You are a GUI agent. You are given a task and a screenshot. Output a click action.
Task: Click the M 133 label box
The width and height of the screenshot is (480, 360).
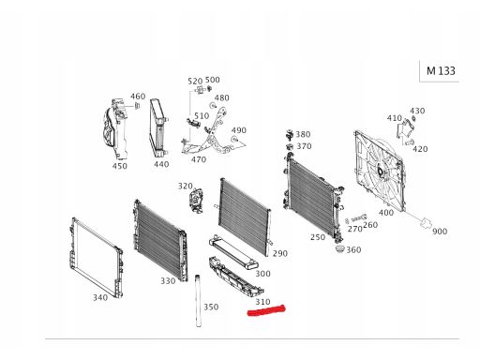(x=440, y=71)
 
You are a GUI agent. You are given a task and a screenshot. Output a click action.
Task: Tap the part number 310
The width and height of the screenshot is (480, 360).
(x=262, y=302)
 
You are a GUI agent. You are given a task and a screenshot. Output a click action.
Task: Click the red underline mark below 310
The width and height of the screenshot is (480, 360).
(x=266, y=310)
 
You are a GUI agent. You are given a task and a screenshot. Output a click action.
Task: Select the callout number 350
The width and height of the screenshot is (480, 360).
(x=211, y=307)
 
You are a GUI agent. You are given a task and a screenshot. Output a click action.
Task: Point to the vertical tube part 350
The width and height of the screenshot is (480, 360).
(x=198, y=301)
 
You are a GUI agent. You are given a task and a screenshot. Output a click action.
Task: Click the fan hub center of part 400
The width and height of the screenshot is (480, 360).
(x=381, y=172)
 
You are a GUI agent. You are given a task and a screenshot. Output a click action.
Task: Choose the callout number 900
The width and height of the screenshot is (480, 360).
(x=440, y=232)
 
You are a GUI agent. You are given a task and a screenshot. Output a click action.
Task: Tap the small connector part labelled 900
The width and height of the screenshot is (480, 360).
(x=425, y=222)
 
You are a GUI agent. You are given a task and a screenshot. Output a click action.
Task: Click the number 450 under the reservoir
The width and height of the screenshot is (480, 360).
(x=120, y=166)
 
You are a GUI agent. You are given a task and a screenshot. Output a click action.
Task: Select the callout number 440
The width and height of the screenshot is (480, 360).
(x=161, y=164)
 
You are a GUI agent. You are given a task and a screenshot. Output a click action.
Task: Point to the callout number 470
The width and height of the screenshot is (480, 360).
(x=199, y=159)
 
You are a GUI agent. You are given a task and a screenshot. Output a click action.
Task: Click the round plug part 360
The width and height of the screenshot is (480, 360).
(x=339, y=249)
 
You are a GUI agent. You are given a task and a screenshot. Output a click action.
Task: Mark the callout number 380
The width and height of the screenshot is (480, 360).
(x=303, y=134)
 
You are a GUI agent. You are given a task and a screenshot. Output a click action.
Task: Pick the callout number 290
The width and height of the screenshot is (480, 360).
(x=280, y=253)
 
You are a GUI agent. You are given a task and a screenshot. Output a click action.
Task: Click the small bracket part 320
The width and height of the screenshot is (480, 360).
(x=196, y=200)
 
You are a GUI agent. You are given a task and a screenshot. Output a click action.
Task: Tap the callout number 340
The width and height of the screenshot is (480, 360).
(x=100, y=297)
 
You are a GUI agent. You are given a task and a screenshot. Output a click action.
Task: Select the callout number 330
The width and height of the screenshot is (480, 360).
(x=168, y=281)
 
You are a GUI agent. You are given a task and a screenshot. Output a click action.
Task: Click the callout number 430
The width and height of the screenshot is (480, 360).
(x=417, y=111)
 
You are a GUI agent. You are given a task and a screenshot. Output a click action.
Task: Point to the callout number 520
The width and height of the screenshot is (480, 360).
(x=195, y=82)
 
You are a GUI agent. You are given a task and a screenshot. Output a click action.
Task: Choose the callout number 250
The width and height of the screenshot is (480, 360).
(x=318, y=237)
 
